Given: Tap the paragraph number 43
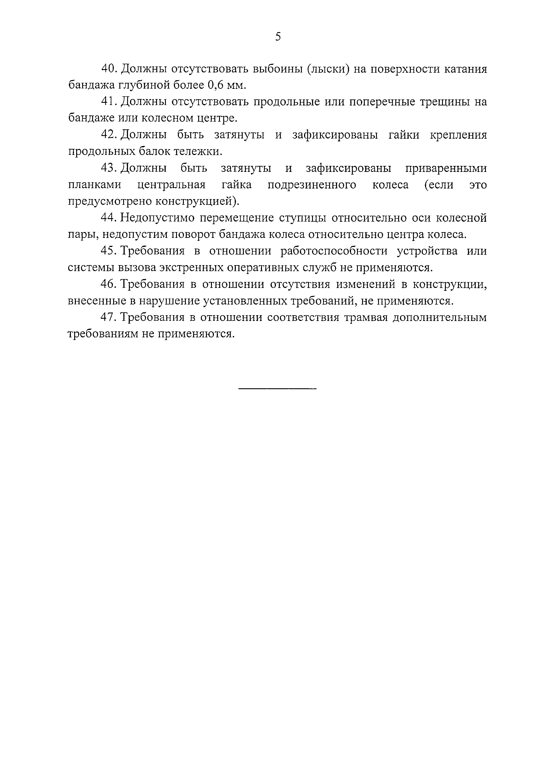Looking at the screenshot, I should pos(109,168).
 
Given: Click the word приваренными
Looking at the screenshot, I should pos(446,168).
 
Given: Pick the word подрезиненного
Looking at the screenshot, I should pos(312,185).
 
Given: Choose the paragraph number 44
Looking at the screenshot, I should pos(109,218).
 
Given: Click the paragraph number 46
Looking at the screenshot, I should pos(109,284).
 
